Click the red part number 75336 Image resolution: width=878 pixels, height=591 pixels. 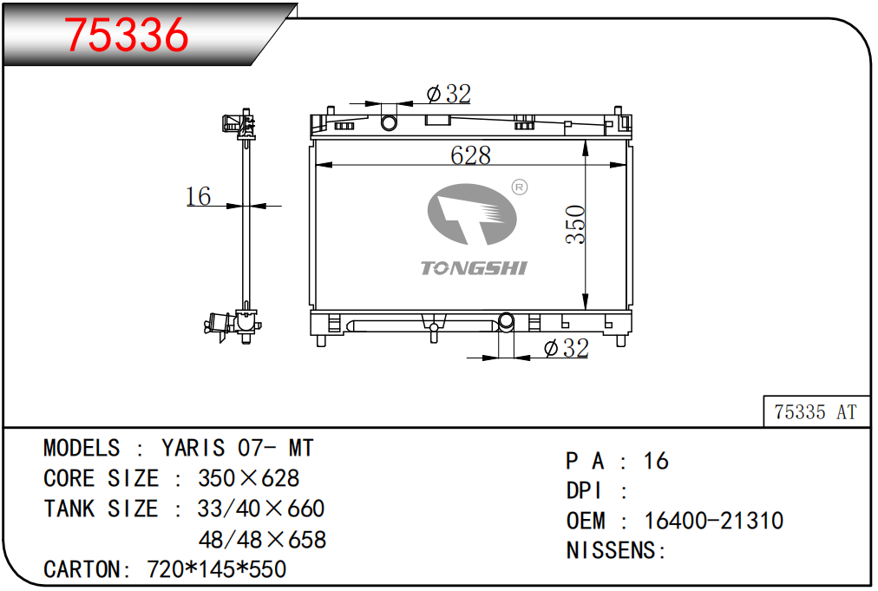127,35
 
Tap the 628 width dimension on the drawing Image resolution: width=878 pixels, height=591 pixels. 470,155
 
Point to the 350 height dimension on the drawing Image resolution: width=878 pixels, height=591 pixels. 575,225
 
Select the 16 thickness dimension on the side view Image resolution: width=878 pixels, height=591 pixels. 198,196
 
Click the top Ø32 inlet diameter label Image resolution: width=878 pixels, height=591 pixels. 449,94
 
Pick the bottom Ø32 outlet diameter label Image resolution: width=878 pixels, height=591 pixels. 567,348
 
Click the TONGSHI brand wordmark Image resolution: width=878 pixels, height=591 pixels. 474,268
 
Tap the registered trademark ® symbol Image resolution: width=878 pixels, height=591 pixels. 520,187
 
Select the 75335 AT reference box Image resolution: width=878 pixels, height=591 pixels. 816,411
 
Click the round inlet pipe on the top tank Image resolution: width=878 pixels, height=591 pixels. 389,122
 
